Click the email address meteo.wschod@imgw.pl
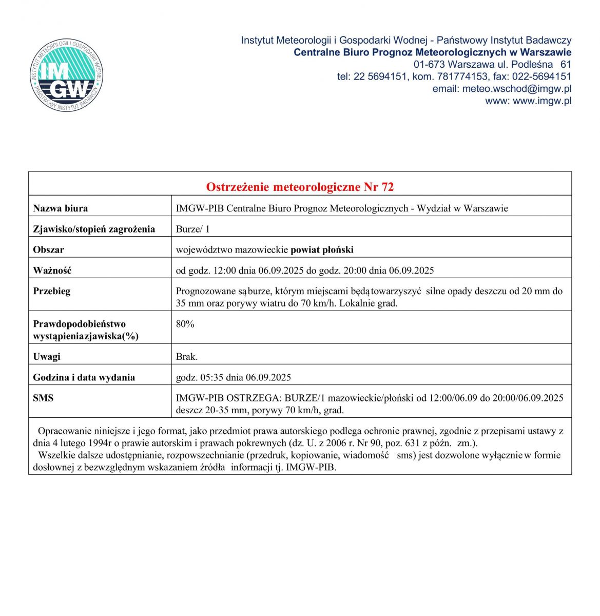(517, 89)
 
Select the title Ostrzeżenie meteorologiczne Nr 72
(300, 187)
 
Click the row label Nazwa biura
(60, 208)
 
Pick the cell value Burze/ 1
(192, 229)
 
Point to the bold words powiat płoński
(322, 250)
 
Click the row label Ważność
(52, 271)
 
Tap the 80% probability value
(185, 324)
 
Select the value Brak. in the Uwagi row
(186, 357)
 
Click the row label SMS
(43, 398)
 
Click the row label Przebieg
(51, 291)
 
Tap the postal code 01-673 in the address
(430, 65)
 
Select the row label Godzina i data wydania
(84, 377)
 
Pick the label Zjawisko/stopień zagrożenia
(94, 229)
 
